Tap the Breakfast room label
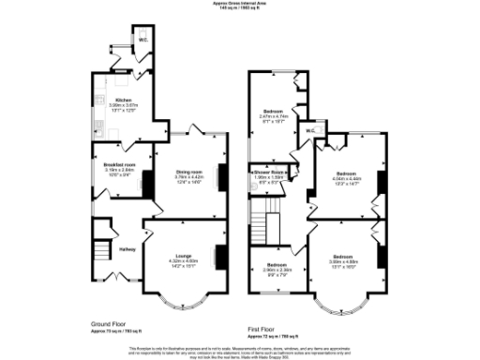119,165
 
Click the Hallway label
127,248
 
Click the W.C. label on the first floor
309,130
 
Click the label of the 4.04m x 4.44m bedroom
345,174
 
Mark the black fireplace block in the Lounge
219,254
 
